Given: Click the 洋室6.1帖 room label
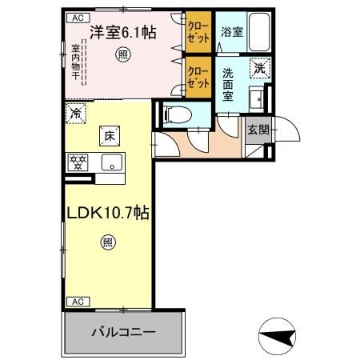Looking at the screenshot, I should point(122,33).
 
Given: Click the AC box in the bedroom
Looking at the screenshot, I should point(77,17).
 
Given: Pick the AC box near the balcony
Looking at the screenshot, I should point(77,301).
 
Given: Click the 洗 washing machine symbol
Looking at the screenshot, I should point(258,69).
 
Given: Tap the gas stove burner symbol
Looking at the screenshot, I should point(78,162).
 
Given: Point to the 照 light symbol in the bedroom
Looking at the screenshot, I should point(122,54).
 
